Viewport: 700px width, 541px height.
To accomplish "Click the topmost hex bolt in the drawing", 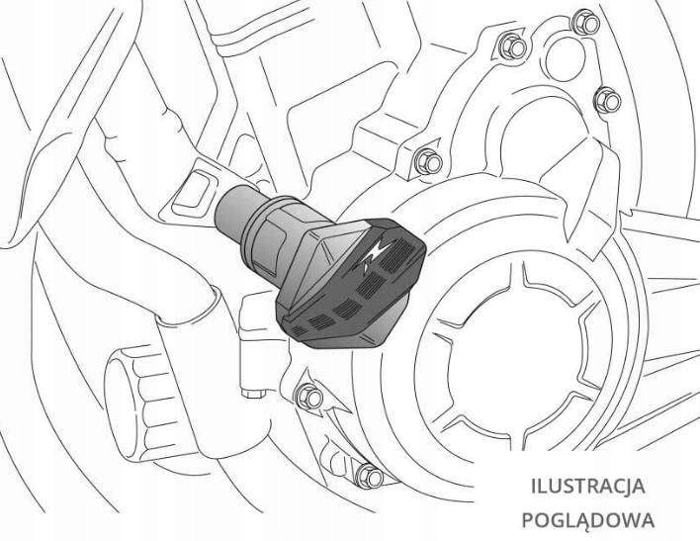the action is (x=511, y=44).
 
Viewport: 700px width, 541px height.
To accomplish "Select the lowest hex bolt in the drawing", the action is (x=370, y=473).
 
